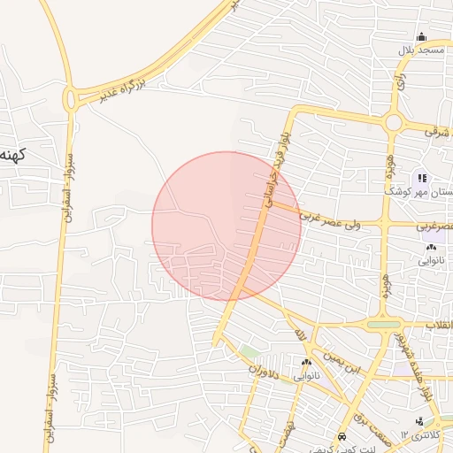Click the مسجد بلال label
[420, 50]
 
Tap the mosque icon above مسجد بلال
[421, 37]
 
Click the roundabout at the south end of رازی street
[394, 122]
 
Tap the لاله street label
[300, 334]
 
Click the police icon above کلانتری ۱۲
[418, 420]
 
